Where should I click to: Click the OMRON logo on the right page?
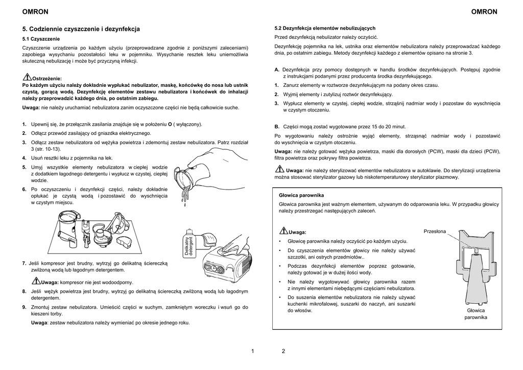(483, 12)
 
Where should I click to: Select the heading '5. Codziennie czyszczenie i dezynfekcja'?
(81, 29)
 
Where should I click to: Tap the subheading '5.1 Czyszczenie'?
(41, 39)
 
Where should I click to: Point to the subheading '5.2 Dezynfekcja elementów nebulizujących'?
(325, 28)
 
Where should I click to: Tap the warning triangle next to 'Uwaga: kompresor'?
(36, 281)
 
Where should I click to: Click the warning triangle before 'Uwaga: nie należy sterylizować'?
(280, 169)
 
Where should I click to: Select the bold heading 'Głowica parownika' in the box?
(301, 195)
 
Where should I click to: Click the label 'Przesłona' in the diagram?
(435, 232)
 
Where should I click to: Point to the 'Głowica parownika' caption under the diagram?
(476, 314)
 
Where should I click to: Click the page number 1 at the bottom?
(253, 351)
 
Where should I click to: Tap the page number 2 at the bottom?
(283, 351)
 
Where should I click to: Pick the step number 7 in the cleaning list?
(25, 263)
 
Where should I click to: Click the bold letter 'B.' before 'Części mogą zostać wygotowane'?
(277, 126)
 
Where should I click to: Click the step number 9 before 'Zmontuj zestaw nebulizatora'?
(25, 307)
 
